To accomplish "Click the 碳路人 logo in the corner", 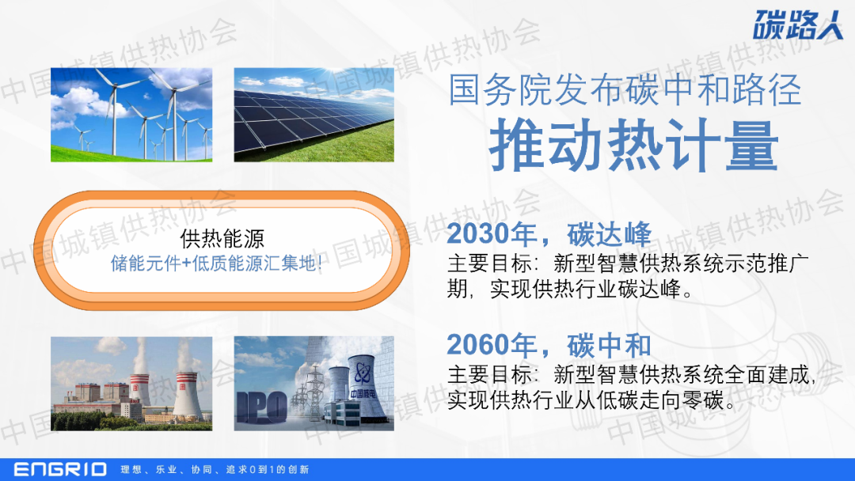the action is coord(798,25).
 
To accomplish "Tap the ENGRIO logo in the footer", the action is coord(60,469).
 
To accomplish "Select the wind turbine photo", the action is coord(131,115).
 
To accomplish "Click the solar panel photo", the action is coord(314,115).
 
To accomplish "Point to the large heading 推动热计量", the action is coord(633,146).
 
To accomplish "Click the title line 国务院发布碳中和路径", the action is coord(625,89).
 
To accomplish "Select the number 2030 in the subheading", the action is coord(477,234).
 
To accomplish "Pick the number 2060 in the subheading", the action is coord(477,345).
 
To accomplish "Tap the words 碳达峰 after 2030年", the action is coord(609,234).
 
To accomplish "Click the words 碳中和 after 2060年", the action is coord(609,345).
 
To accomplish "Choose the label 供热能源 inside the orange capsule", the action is coord(222,239).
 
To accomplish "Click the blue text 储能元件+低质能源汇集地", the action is coord(216,263).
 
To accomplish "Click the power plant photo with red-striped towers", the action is coord(131,384).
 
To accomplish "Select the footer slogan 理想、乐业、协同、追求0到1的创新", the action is coord(215,470).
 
